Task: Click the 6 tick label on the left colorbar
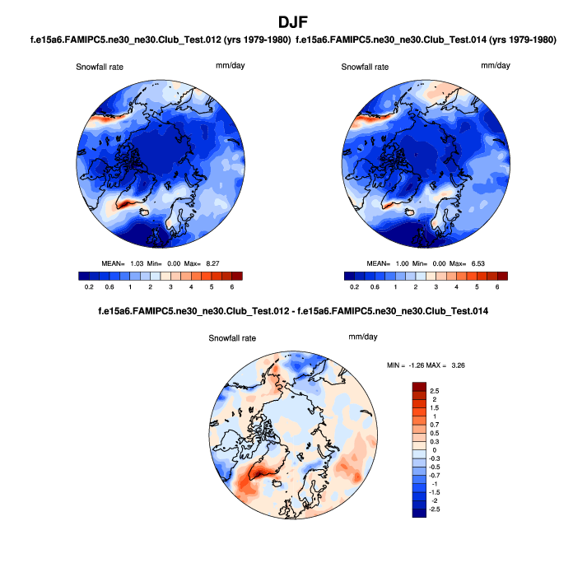(x=231, y=287)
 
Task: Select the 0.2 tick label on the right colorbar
(x=355, y=287)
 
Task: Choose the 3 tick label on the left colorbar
(x=170, y=287)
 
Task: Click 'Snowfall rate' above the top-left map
(x=100, y=66)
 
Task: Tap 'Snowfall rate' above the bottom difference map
(x=232, y=338)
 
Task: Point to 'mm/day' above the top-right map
(x=495, y=65)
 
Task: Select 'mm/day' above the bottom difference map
(x=363, y=337)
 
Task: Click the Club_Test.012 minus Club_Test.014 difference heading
(x=293, y=312)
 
